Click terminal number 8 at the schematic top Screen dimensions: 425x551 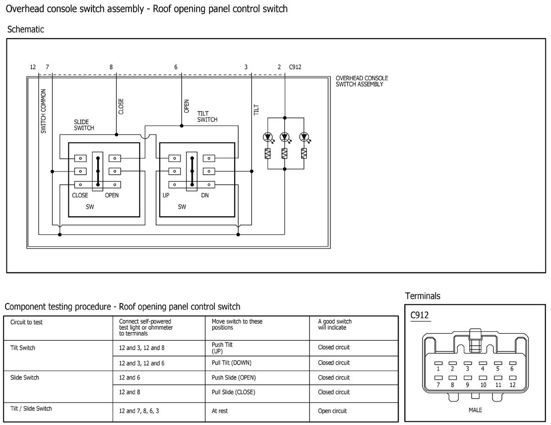(111, 67)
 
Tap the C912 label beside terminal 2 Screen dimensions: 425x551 (295, 67)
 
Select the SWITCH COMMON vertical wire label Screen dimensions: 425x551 (44, 111)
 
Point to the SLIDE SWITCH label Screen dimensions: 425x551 (84, 125)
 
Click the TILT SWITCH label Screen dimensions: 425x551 (207, 116)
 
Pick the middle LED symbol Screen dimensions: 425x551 (285, 137)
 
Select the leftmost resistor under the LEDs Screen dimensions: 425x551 (267, 154)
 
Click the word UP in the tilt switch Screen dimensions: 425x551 (166, 195)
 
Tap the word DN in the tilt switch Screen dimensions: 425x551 (205, 195)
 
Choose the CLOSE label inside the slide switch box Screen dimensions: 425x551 (80, 195)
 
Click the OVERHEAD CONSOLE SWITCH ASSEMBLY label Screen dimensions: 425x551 (361, 81)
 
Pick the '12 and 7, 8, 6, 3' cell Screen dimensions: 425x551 (139, 411)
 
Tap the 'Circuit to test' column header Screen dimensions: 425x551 (26, 322)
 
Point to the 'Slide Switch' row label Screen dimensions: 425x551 (24, 378)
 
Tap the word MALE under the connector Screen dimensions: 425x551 (475, 410)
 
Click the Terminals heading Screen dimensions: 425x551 (422, 296)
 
